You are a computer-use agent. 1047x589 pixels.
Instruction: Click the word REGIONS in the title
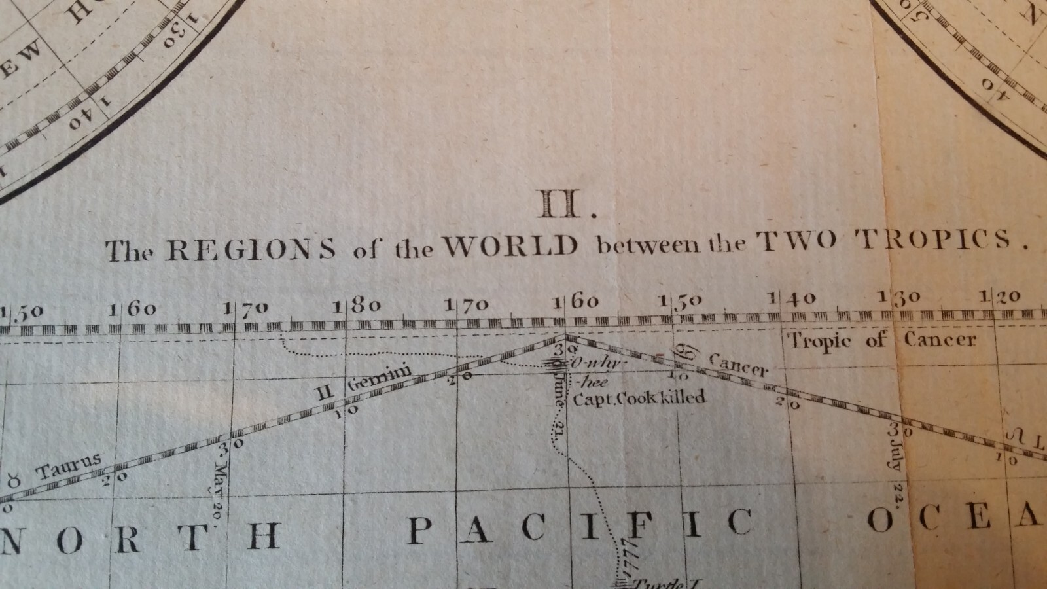pos(250,249)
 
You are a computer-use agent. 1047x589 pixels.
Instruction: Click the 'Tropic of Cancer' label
pos(881,340)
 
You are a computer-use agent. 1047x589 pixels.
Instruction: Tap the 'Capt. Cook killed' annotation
pos(639,397)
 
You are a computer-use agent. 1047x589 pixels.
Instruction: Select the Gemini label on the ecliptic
pos(379,378)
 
